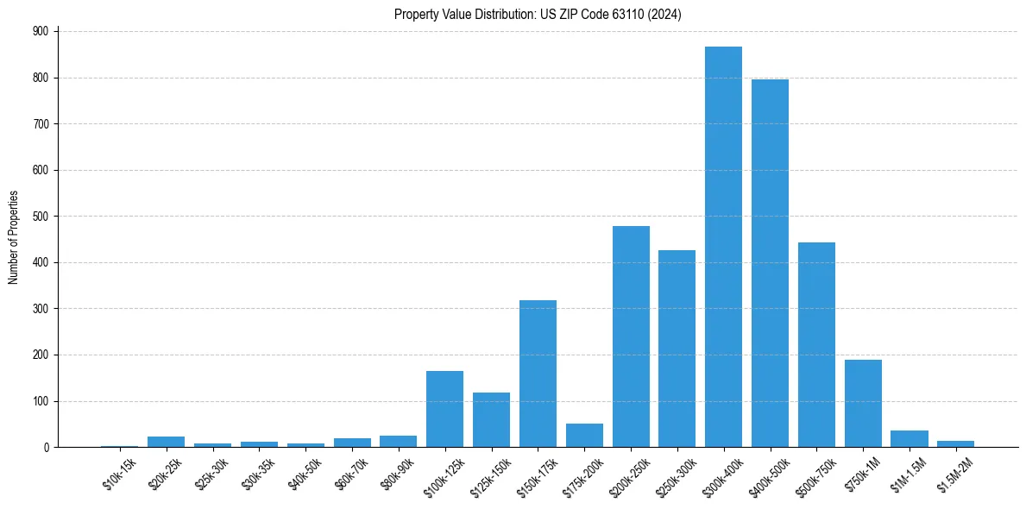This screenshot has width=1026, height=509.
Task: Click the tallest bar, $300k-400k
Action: pyautogui.click(x=723, y=247)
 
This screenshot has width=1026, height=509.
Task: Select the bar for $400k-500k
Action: pyautogui.click(x=770, y=263)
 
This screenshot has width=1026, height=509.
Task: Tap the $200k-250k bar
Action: pyautogui.click(x=631, y=336)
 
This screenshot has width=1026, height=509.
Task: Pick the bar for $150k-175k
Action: pyautogui.click(x=538, y=374)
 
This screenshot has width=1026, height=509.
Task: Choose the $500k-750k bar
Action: pyautogui.click(x=816, y=345)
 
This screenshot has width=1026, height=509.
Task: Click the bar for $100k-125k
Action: pyautogui.click(x=444, y=409)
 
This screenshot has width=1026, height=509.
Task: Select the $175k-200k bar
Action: pyautogui.click(x=584, y=435)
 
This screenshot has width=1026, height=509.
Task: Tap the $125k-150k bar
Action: pyautogui.click(x=491, y=419)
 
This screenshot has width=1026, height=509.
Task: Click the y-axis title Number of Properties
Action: pyautogui.click(x=13, y=237)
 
